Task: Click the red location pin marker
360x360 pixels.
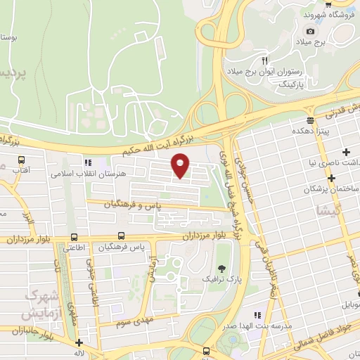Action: (x=181, y=165)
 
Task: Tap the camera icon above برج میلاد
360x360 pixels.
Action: (x=310, y=31)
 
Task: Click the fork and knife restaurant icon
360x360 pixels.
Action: (x=265, y=60)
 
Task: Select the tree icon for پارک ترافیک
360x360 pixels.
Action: (x=222, y=268)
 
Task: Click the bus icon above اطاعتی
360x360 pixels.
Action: (x=75, y=237)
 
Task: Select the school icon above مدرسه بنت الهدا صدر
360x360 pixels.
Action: (x=257, y=316)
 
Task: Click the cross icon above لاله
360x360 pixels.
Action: (x=79, y=342)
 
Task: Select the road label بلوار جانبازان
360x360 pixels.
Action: (x=28, y=330)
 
